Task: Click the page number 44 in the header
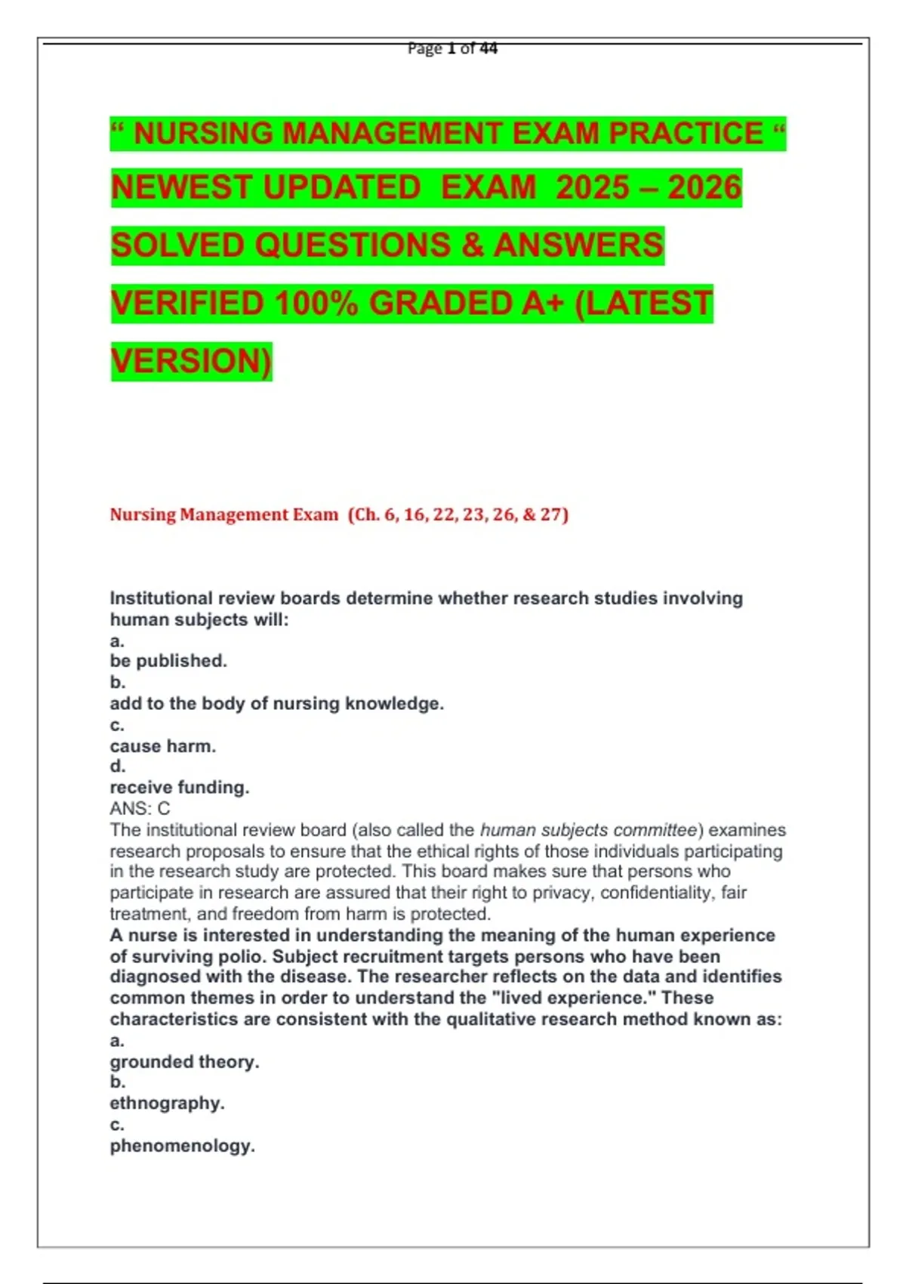(488, 48)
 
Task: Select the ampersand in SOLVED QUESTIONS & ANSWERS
(472, 245)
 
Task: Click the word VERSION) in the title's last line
(191, 361)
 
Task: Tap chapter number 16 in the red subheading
(414, 514)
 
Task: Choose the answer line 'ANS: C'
(140, 808)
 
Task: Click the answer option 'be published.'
(168, 661)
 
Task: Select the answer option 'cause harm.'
(163, 746)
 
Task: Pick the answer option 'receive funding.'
(180, 787)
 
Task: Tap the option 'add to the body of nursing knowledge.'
(276, 703)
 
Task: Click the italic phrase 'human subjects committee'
(588, 830)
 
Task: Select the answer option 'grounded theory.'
(184, 1061)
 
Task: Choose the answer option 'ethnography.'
(167, 1103)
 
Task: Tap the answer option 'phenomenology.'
(182, 1146)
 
